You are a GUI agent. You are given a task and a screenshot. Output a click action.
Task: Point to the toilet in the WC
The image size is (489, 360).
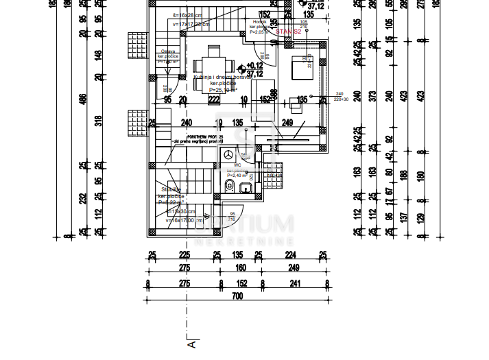(x=231, y=187)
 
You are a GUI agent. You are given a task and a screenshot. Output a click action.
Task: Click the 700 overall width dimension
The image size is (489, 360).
(x=237, y=296)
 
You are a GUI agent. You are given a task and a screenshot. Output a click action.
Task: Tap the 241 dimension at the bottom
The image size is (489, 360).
(x=294, y=283)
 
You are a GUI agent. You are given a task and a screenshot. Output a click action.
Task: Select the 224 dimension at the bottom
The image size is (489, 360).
(x=290, y=256)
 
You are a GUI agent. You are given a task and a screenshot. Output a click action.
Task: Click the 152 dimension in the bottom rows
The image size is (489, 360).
(x=241, y=283)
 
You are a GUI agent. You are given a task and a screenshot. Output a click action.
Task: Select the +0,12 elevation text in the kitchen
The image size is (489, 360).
(x=254, y=65)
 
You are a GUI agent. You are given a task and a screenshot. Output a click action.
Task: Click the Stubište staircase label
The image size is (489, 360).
(x=171, y=189)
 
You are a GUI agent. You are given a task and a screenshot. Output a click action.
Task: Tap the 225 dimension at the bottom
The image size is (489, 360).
(x=184, y=256)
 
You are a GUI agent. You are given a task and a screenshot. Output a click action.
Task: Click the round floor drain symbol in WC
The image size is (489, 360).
(x=226, y=156)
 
